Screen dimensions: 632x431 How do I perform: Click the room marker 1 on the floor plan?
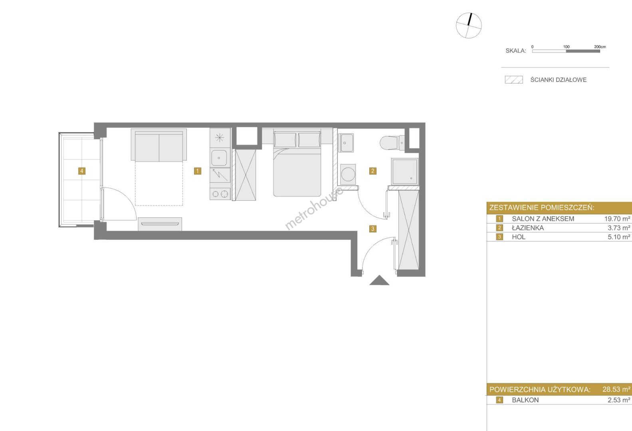[x=198, y=171]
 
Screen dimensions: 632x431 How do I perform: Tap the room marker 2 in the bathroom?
[x=372, y=171]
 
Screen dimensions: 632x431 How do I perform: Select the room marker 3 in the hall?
[x=372, y=229]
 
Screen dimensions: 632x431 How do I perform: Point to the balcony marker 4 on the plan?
[x=81, y=171]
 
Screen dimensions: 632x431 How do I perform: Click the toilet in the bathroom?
[x=392, y=143]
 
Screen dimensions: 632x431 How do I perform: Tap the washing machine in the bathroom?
[x=348, y=174]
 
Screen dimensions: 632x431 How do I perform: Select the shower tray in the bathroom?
[x=404, y=172]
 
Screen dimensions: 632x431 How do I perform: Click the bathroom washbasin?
[x=346, y=143]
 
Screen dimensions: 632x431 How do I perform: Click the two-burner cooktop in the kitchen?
[x=220, y=194]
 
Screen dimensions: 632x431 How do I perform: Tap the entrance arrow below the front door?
[x=379, y=280]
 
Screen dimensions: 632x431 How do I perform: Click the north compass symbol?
[x=469, y=26]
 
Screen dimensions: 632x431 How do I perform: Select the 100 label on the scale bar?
[x=566, y=47]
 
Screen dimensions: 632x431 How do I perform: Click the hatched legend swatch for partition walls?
[x=514, y=79]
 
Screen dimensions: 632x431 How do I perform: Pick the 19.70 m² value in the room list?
[x=617, y=219]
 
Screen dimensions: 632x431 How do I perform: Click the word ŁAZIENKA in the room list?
[x=528, y=227]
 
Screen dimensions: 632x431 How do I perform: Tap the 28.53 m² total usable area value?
[x=616, y=389]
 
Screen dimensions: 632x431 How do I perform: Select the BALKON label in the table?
[x=525, y=400]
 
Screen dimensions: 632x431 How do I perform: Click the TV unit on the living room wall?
[x=160, y=224]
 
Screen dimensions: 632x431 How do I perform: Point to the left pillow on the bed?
[x=285, y=140]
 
